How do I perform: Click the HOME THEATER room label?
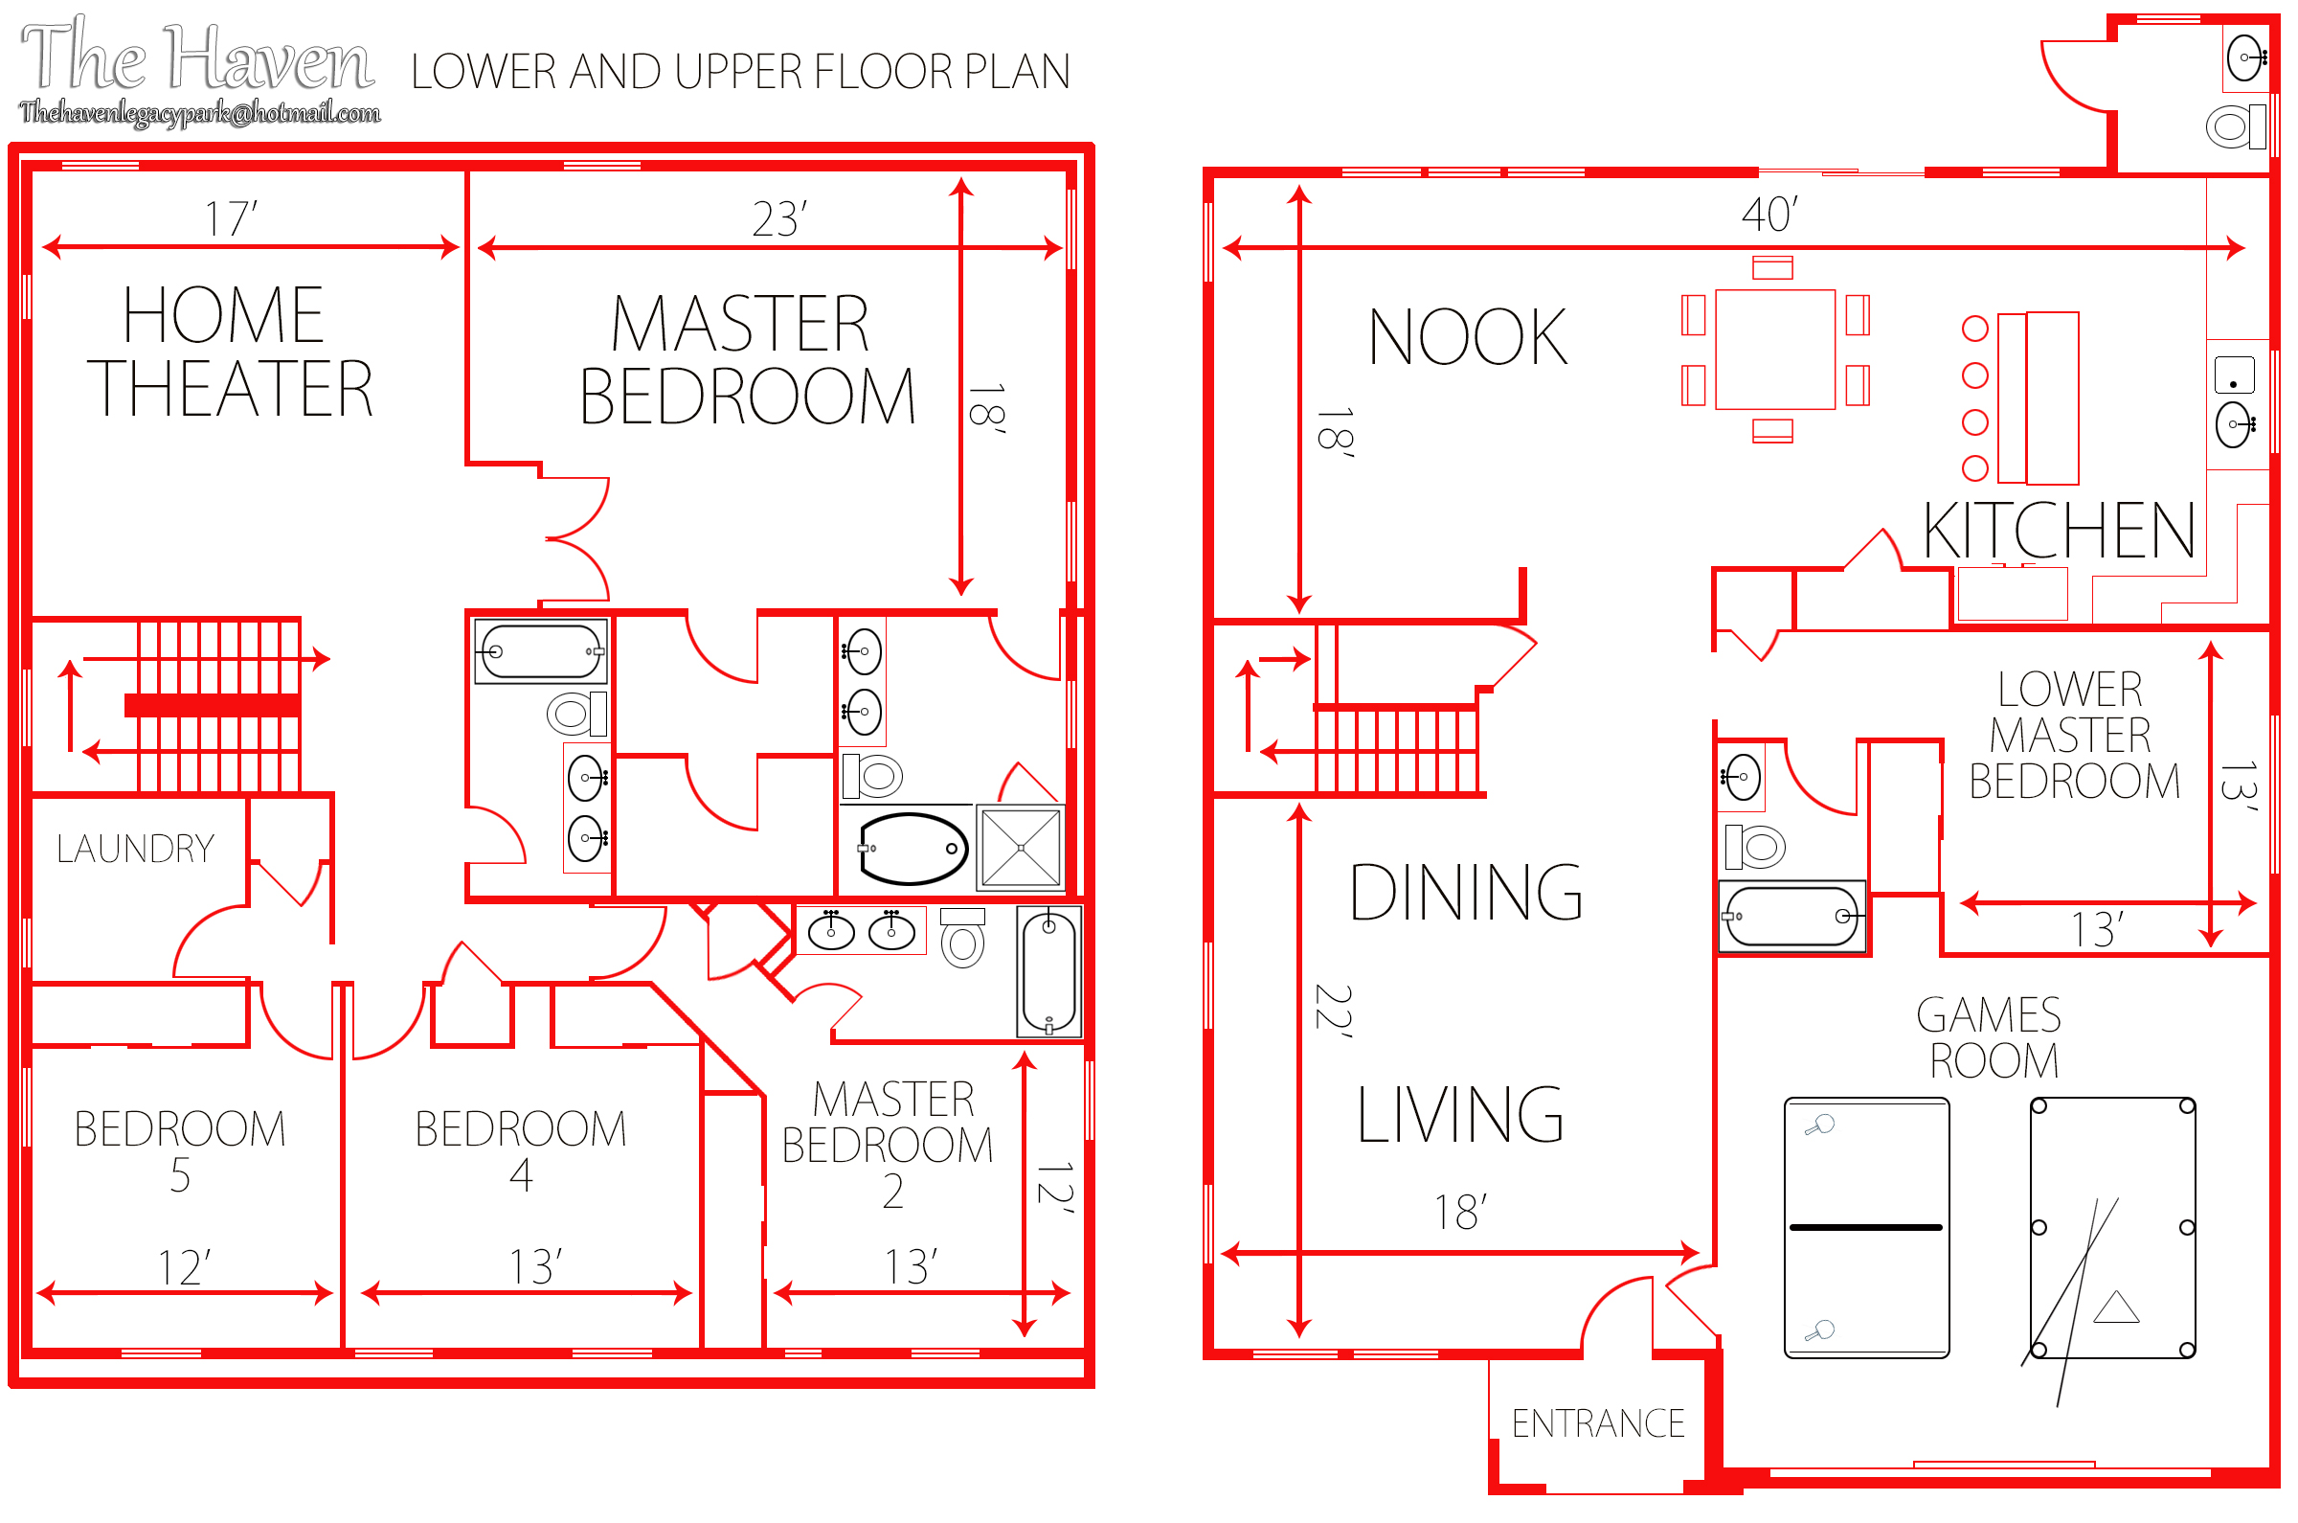pyautogui.click(x=230, y=352)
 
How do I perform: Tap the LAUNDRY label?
pyautogui.click(x=135, y=850)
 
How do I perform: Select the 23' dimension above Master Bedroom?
pyautogui.click(x=779, y=218)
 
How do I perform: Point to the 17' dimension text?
pyautogui.click(x=231, y=218)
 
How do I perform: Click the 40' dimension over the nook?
pyautogui.click(x=1769, y=215)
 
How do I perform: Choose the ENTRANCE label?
pyautogui.click(x=1598, y=1424)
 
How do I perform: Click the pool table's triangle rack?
pyautogui.click(x=2116, y=1307)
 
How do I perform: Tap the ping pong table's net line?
pyautogui.click(x=1866, y=1228)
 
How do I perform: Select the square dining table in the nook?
pyautogui.click(x=1775, y=350)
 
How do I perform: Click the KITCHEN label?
pyautogui.click(x=2060, y=531)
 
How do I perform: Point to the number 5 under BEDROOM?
pyautogui.click(x=181, y=1176)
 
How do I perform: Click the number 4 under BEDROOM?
pyautogui.click(x=521, y=1176)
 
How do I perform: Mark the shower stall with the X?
pyautogui.click(x=1021, y=848)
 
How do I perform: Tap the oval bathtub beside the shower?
pyautogui.click(x=912, y=850)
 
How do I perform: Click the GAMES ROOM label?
pyautogui.click(x=1991, y=1038)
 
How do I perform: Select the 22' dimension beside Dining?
pyautogui.click(x=1332, y=1012)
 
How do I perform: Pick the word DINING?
pyautogui.click(x=1466, y=893)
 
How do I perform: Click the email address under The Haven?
pyautogui.click(x=200, y=114)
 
